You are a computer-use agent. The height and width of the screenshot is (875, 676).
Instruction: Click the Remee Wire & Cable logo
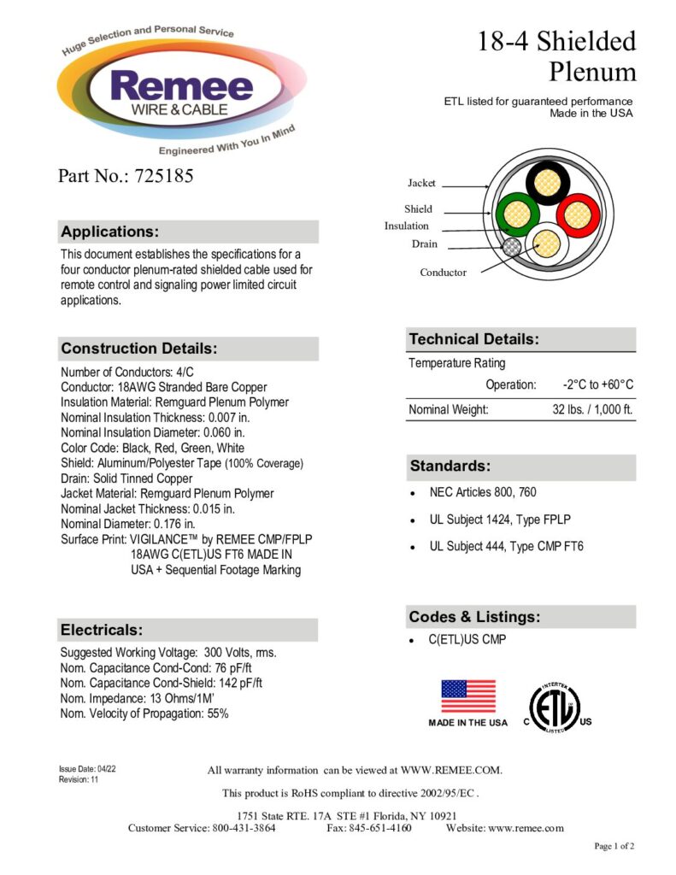coord(171,90)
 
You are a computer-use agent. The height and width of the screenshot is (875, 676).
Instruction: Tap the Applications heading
coord(109,232)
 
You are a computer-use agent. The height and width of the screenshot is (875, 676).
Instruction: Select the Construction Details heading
coord(138,349)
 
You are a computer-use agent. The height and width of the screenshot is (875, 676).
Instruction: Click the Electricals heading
coord(101,630)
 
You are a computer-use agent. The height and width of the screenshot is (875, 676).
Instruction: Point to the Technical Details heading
coord(473,339)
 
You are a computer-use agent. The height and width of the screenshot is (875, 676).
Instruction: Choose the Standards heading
coord(450,467)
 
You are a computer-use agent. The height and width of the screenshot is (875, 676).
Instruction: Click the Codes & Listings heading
coord(473,617)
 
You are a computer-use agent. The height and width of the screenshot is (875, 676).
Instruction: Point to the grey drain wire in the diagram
coord(512,248)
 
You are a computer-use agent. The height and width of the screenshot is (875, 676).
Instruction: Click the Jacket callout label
coord(421,183)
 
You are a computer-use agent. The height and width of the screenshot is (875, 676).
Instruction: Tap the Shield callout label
coord(419,208)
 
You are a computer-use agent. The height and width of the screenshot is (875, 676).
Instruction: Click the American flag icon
coord(467,696)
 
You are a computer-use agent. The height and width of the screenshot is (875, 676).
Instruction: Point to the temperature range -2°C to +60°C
coord(598,385)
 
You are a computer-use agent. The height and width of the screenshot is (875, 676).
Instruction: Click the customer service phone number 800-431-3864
coord(243,828)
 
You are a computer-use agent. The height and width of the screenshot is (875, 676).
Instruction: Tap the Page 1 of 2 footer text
coord(614,846)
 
